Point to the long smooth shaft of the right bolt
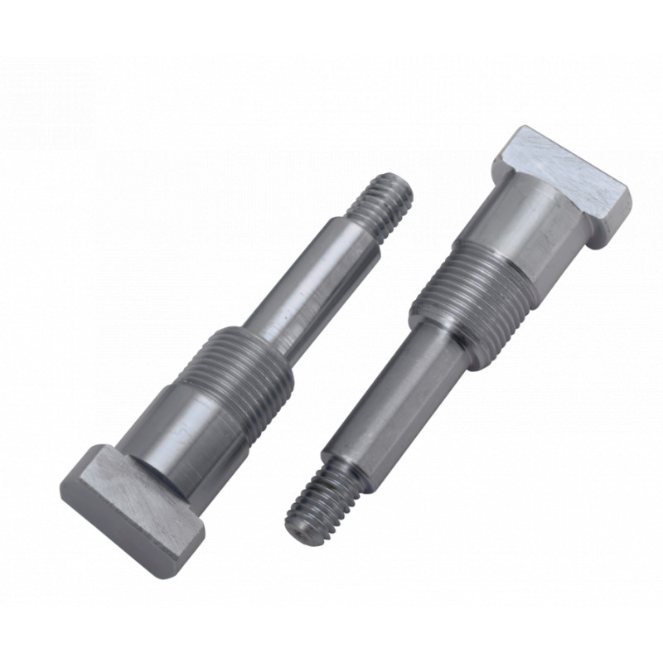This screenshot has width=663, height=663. tap(390, 390)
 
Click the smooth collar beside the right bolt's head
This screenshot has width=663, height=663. tap(522, 232)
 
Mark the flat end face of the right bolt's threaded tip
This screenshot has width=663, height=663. tap(300, 522)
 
